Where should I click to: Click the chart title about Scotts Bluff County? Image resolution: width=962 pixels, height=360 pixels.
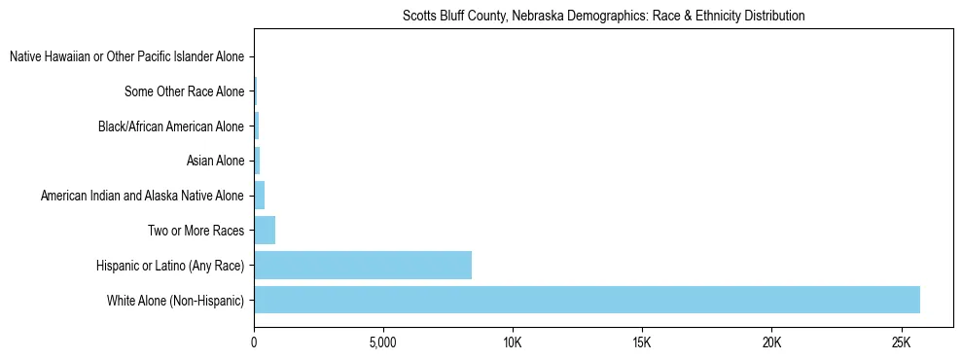click(603, 16)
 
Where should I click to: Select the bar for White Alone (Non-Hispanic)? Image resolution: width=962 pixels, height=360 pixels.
click(587, 300)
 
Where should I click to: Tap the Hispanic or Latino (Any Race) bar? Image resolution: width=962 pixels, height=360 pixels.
click(363, 265)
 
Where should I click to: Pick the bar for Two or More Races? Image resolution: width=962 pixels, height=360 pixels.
click(265, 231)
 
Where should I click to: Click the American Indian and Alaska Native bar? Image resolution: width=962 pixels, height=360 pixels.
click(259, 196)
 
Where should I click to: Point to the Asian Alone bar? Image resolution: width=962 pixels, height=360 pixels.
click(257, 161)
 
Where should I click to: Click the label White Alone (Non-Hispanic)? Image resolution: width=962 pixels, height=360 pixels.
click(175, 301)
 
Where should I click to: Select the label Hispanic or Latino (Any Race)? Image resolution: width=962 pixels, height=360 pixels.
click(169, 266)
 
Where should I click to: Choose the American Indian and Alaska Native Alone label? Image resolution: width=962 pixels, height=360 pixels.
click(142, 197)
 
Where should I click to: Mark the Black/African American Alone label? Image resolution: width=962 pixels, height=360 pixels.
click(170, 126)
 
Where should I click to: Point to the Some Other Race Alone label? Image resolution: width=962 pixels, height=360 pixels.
click(184, 92)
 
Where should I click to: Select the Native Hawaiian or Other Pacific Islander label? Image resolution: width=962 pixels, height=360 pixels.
click(126, 57)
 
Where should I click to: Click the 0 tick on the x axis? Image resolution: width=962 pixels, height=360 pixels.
click(254, 342)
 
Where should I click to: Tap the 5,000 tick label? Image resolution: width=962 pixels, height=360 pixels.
click(383, 342)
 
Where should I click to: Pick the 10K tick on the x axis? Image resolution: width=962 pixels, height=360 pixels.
click(513, 342)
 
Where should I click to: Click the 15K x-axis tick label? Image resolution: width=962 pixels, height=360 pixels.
click(642, 342)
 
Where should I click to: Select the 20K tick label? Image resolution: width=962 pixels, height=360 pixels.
click(771, 342)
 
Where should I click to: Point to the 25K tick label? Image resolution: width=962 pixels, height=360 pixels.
click(901, 342)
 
